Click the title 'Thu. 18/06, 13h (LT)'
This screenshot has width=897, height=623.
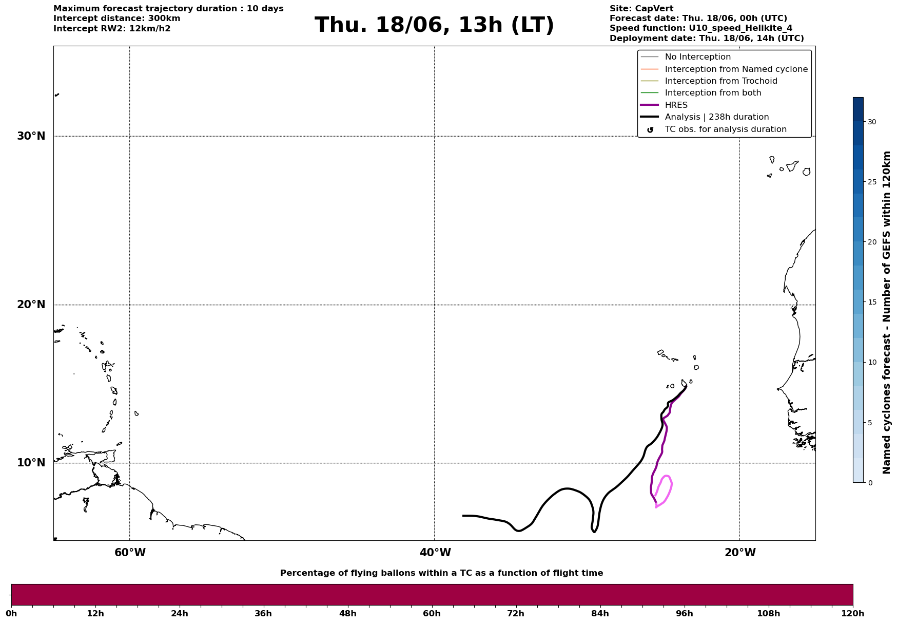tap(434, 25)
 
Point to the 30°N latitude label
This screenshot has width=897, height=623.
tap(31, 136)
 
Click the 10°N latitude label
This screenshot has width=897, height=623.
tap(31, 463)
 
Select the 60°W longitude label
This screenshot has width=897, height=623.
tap(130, 553)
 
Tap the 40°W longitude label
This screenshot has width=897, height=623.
tap(435, 553)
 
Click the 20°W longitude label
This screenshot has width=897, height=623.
tap(740, 553)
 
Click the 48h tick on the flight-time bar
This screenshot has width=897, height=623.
tap(347, 614)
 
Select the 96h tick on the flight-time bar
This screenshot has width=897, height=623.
tap(684, 614)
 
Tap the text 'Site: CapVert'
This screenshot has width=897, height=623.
tap(641, 9)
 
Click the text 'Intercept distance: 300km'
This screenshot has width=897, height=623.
tap(117, 18)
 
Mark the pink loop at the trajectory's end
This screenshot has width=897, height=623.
tap(671, 483)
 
